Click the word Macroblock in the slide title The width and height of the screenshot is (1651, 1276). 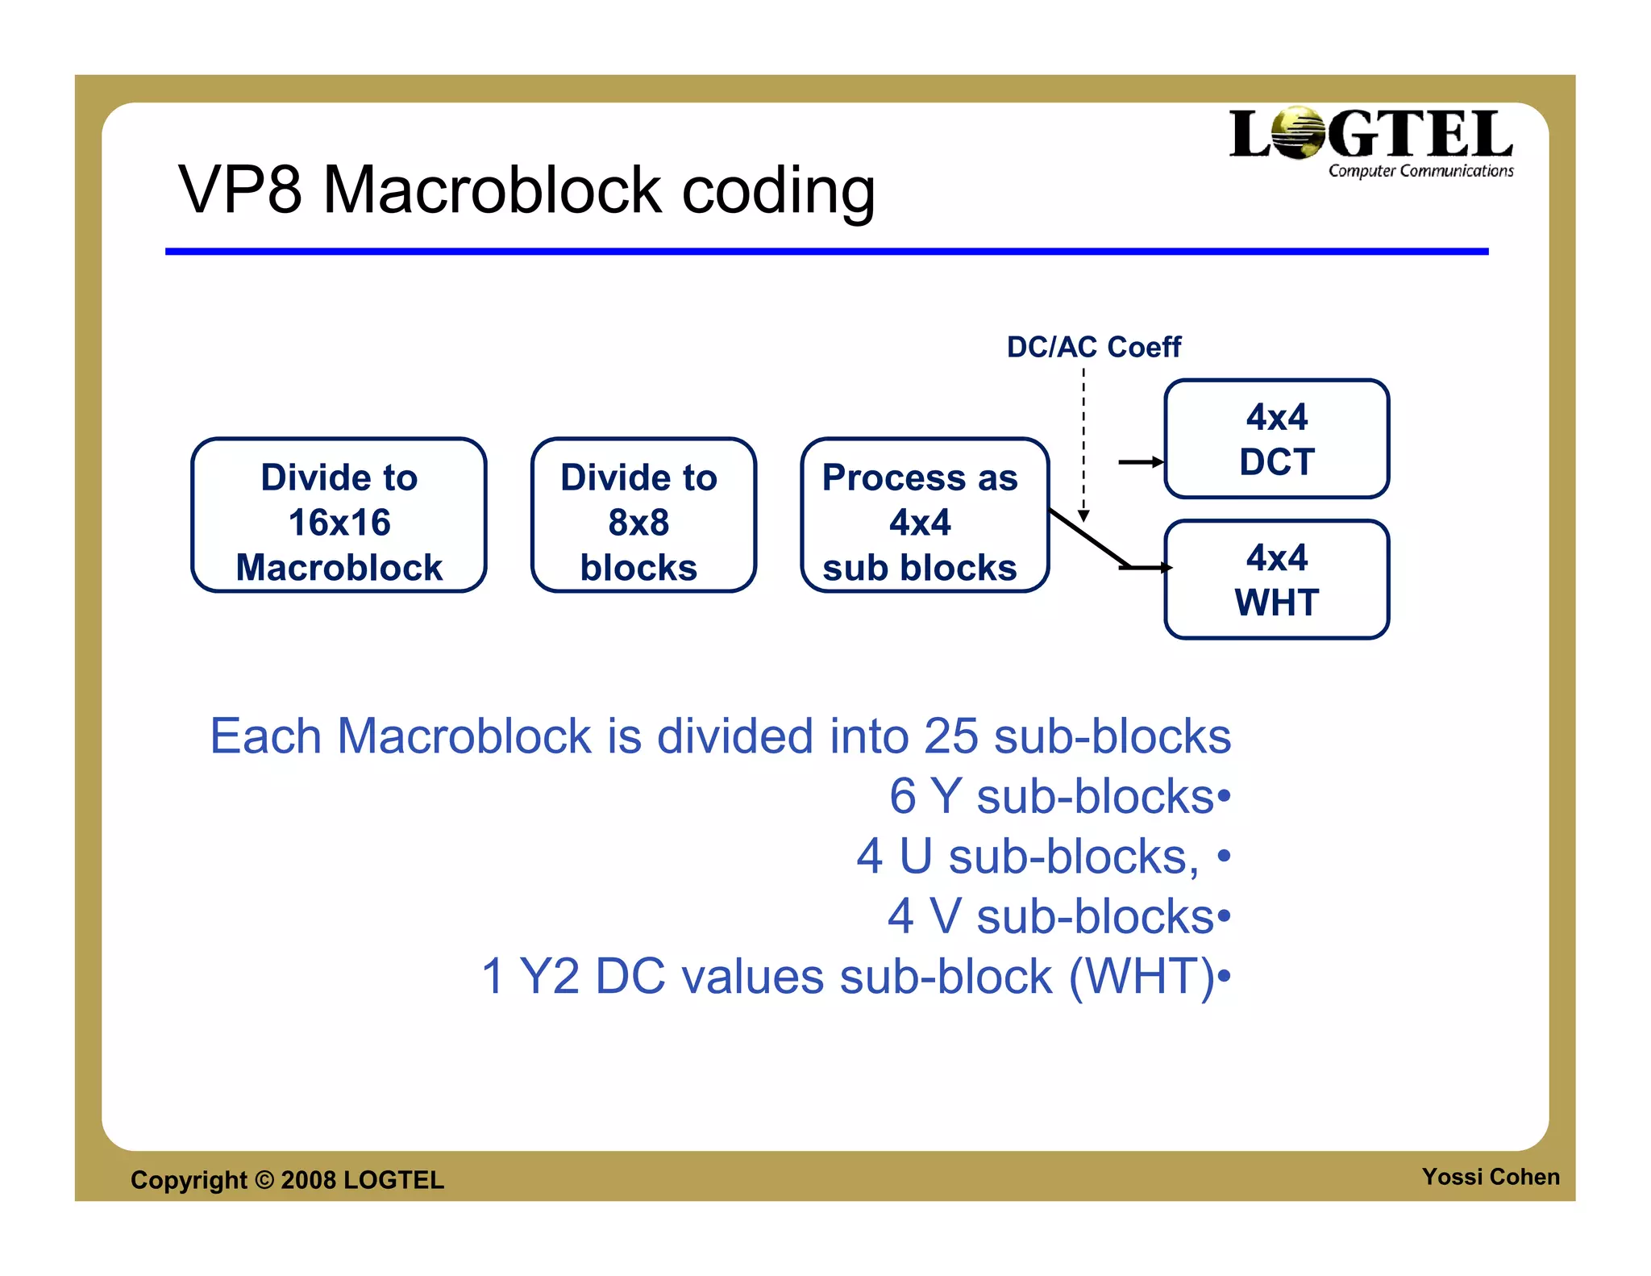(x=492, y=190)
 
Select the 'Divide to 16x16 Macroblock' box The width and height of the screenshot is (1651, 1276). (x=339, y=516)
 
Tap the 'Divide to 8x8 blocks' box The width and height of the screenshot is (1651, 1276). (x=643, y=516)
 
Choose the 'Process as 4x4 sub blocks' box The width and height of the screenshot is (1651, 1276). (x=923, y=516)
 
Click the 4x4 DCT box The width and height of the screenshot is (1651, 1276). (x=1276, y=440)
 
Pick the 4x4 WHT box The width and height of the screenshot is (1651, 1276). (x=1276, y=580)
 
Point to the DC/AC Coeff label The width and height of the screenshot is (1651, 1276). (x=1093, y=347)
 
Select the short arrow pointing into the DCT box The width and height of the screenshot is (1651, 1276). (x=1140, y=462)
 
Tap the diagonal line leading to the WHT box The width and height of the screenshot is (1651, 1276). (x=1087, y=538)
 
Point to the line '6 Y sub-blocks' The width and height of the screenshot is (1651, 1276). (x=1051, y=796)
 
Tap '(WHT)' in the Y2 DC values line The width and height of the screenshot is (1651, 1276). (x=1142, y=977)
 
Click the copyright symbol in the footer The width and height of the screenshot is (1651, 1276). (x=264, y=1180)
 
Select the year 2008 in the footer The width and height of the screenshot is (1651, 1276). (x=308, y=1180)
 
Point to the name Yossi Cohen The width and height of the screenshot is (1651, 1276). (x=1490, y=1177)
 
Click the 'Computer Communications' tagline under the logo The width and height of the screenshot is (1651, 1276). (x=1420, y=171)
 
